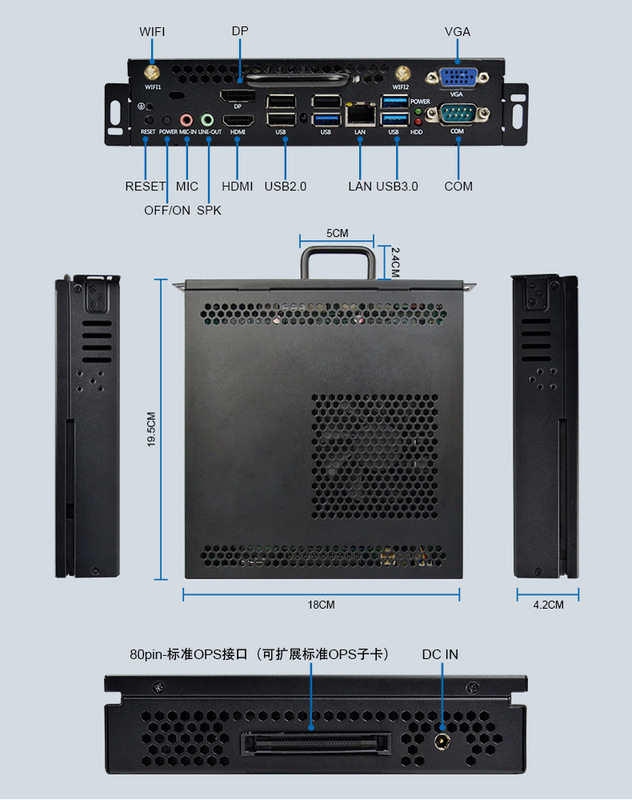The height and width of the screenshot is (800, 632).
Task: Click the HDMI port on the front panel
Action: click(238, 118)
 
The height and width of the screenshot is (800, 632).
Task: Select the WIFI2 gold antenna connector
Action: click(402, 73)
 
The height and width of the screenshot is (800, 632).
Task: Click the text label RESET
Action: click(145, 186)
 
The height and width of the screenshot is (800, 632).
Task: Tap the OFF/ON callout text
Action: click(167, 210)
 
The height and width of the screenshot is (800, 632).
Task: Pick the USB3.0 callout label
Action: click(397, 186)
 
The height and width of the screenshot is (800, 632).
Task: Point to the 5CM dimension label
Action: click(337, 233)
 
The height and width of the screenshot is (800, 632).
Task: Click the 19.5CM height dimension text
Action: click(151, 431)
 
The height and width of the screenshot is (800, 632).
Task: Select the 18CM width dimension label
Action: click(320, 605)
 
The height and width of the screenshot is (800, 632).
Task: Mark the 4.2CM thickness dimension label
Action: click(547, 605)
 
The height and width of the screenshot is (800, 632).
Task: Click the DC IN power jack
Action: click(441, 742)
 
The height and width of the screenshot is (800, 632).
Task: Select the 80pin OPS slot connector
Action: click(309, 745)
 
